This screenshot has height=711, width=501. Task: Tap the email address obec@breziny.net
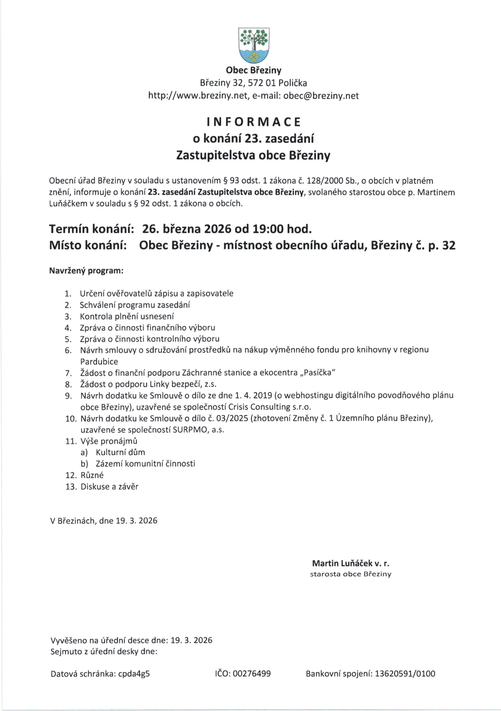point(321,96)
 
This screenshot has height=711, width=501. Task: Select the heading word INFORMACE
point(253,122)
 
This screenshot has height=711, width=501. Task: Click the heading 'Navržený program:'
point(86,271)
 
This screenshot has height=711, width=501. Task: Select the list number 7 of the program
point(68,373)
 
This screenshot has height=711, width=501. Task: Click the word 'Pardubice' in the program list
point(99,361)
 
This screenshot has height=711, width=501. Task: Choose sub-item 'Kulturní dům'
point(120,452)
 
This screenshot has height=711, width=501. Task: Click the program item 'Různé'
point(92,475)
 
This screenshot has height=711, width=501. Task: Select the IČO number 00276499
point(252,673)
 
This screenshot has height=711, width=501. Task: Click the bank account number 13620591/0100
point(405,673)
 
